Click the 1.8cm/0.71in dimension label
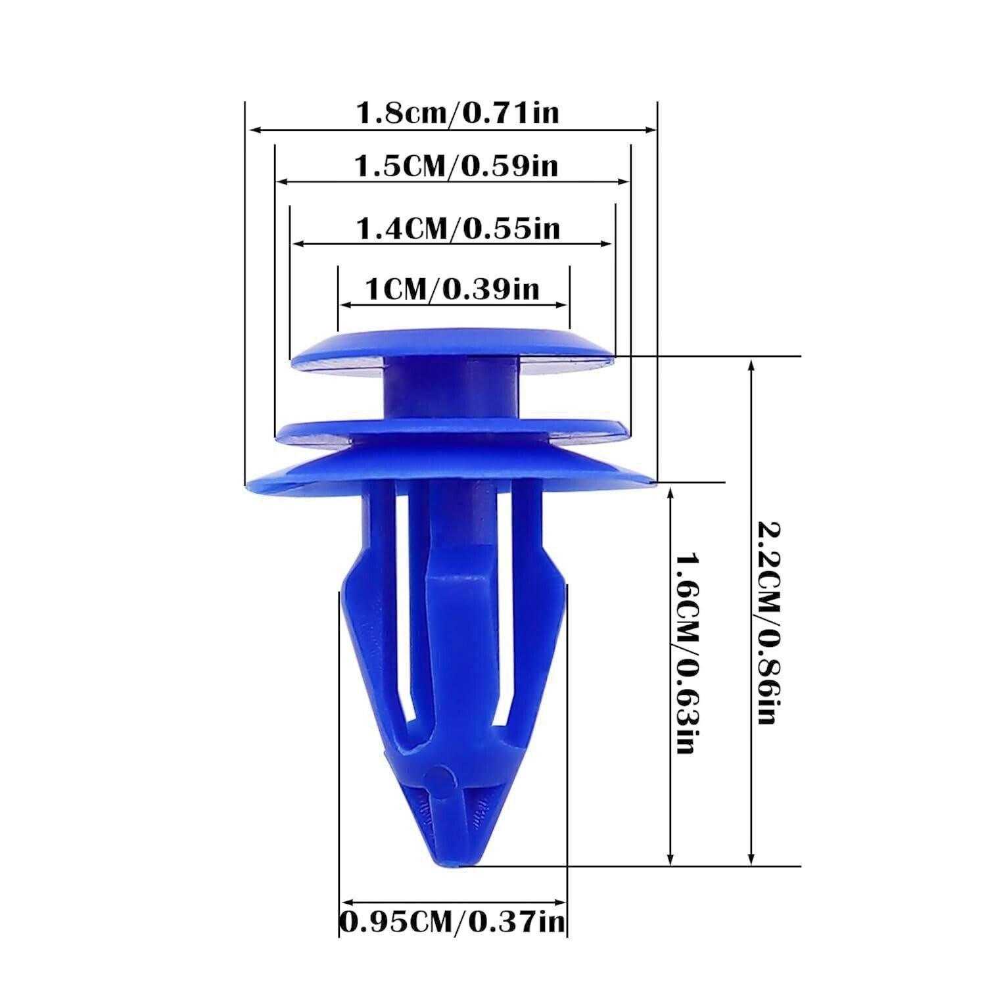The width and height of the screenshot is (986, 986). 457,113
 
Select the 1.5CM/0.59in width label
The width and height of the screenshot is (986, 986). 456,166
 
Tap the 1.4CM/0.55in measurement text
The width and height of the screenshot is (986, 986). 458,229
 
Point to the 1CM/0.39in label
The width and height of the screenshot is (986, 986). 452,289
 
